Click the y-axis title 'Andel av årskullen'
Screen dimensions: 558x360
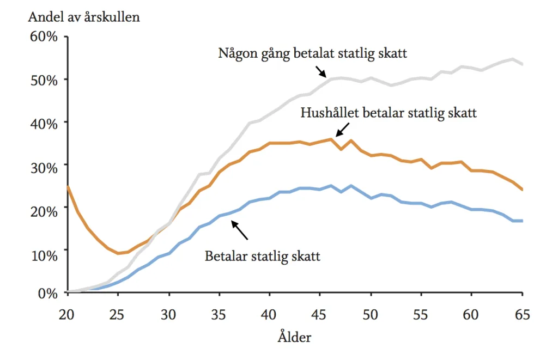(84, 17)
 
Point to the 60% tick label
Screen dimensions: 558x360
(44, 36)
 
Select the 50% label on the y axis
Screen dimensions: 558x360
(44, 81)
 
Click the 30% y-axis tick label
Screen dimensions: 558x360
(44, 168)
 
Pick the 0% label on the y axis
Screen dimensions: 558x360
(48, 294)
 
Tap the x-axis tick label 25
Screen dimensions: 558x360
(117, 314)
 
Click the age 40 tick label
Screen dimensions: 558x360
(268, 314)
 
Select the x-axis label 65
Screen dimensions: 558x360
(522, 314)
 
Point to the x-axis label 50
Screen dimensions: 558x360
(370, 314)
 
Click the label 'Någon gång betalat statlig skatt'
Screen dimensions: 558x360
(312, 53)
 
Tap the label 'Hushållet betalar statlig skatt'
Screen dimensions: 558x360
(389, 113)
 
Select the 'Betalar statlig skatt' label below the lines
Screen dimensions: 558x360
(262, 256)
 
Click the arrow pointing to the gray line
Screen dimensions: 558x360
(321, 71)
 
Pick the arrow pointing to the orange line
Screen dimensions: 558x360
(342, 130)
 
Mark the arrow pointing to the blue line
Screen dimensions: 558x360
(240, 230)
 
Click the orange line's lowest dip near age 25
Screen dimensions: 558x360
(118, 253)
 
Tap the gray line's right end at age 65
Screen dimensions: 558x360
(522, 64)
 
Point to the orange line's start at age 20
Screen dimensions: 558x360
(68, 186)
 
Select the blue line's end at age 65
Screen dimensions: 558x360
(522, 221)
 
